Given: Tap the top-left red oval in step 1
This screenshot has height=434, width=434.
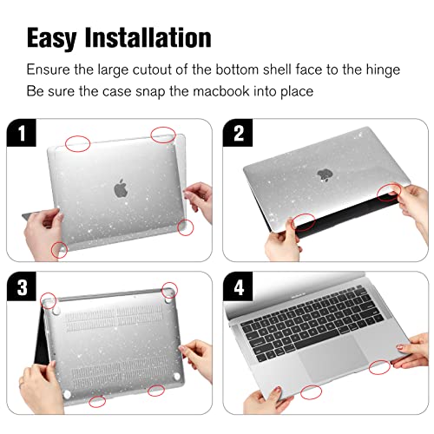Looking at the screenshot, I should [78, 141].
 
